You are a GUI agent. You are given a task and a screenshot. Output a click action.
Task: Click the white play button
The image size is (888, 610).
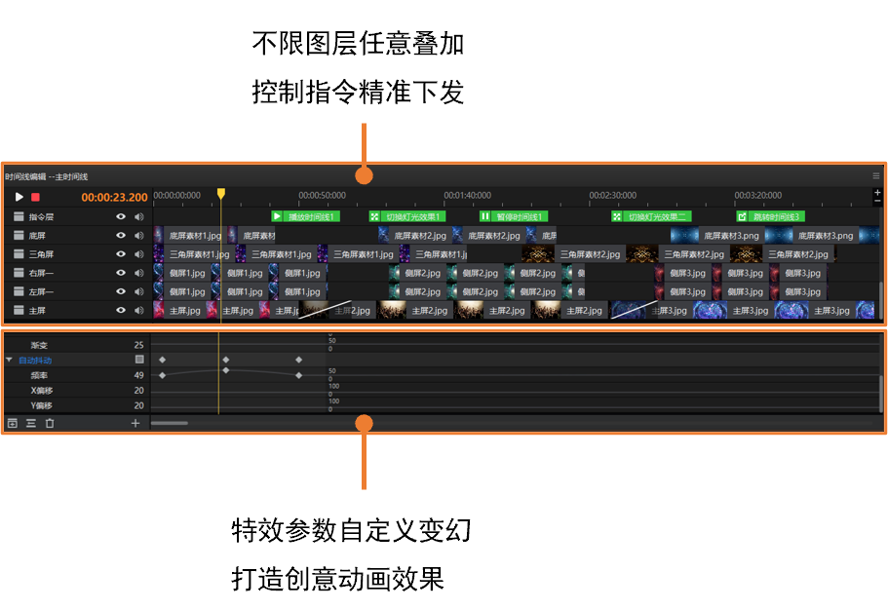(x=19, y=197)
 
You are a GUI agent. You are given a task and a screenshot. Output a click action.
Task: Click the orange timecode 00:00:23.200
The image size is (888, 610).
(x=114, y=197)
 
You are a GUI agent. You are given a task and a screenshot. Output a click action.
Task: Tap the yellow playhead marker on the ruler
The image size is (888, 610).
(x=221, y=194)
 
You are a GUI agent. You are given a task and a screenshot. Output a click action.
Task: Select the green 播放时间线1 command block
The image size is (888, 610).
(x=305, y=216)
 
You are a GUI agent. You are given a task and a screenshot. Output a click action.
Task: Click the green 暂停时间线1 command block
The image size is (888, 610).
(x=513, y=216)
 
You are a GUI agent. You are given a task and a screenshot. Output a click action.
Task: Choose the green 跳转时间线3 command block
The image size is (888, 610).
(x=770, y=216)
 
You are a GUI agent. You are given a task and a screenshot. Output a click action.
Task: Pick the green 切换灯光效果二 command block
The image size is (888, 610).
(x=650, y=216)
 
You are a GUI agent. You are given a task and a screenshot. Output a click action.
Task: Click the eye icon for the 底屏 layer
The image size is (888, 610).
(x=122, y=235)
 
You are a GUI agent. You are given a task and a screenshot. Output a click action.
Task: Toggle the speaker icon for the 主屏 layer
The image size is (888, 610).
(x=139, y=310)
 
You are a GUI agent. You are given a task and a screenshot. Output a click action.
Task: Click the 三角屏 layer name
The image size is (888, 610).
(x=42, y=254)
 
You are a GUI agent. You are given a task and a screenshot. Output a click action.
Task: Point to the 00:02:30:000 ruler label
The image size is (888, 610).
(x=613, y=196)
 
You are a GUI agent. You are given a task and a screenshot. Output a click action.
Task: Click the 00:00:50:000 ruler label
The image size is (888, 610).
(x=323, y=196)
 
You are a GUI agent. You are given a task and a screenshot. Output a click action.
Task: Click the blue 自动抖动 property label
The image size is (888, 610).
(x=35, y=361)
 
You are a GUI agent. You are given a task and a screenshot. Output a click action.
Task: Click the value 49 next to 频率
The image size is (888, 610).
(x=138, y=375)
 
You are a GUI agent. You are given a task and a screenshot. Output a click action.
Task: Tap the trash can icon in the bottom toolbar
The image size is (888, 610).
(x=50, y=423)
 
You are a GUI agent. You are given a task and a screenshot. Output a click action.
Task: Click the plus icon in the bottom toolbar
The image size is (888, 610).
(x=135, y=423)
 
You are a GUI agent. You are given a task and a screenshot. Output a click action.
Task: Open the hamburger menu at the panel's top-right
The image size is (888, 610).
(x=875, y=176)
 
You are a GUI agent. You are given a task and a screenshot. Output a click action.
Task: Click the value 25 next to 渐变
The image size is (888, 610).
(x=138, y=345)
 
